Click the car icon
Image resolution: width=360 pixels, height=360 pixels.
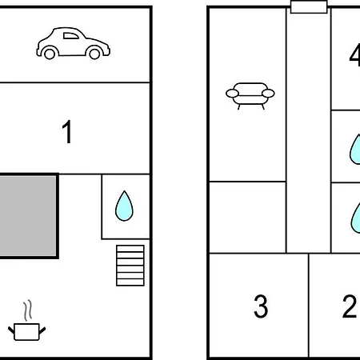point(74,43)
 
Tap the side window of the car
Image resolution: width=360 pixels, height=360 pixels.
point(70,36)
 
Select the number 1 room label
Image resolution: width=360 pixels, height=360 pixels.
point(67,131)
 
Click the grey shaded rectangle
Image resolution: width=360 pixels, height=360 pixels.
point(28,216)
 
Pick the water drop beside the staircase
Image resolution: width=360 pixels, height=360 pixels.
point(124,206)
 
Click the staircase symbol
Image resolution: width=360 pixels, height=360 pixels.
point(130,266)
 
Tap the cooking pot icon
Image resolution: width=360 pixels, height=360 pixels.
point(26,331)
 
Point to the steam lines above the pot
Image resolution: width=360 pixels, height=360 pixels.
point(27,310)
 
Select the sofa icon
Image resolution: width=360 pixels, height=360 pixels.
point(250,96)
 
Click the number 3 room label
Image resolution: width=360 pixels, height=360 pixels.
point(261,306)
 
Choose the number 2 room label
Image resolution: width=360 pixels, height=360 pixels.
point(350,306)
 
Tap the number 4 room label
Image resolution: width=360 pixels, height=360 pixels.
point(354,55)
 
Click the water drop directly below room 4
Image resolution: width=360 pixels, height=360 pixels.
point(355,150)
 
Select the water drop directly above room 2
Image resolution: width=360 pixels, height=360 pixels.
point(355,218)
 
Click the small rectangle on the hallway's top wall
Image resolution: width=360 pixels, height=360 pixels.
point(309,6)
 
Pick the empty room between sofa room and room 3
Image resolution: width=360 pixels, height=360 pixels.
point(248,218)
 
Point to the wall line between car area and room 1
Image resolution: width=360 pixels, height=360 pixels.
point(74,82)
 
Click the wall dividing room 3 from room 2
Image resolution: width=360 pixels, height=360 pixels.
point(309,306)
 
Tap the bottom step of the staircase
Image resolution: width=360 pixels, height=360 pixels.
point(130,282)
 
